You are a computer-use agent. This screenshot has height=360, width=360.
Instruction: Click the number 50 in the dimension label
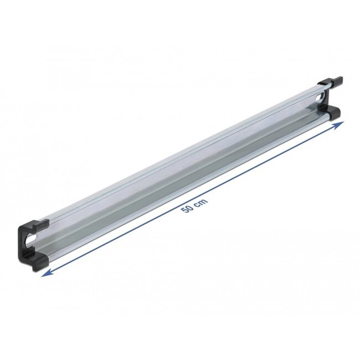(187, 209)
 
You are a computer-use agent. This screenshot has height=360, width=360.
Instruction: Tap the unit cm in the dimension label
(202, 202)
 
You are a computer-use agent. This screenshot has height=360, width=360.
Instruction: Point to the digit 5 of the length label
(184, 210)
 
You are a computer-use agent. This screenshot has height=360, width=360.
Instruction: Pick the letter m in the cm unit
(204, 201)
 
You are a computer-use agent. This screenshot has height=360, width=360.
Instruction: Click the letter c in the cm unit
(198, 204)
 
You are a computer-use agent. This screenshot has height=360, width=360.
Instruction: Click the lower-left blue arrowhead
(46, 273)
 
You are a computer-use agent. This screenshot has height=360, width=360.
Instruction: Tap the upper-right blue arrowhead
(338, 125)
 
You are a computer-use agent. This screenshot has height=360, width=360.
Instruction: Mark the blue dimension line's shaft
(192, 199)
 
